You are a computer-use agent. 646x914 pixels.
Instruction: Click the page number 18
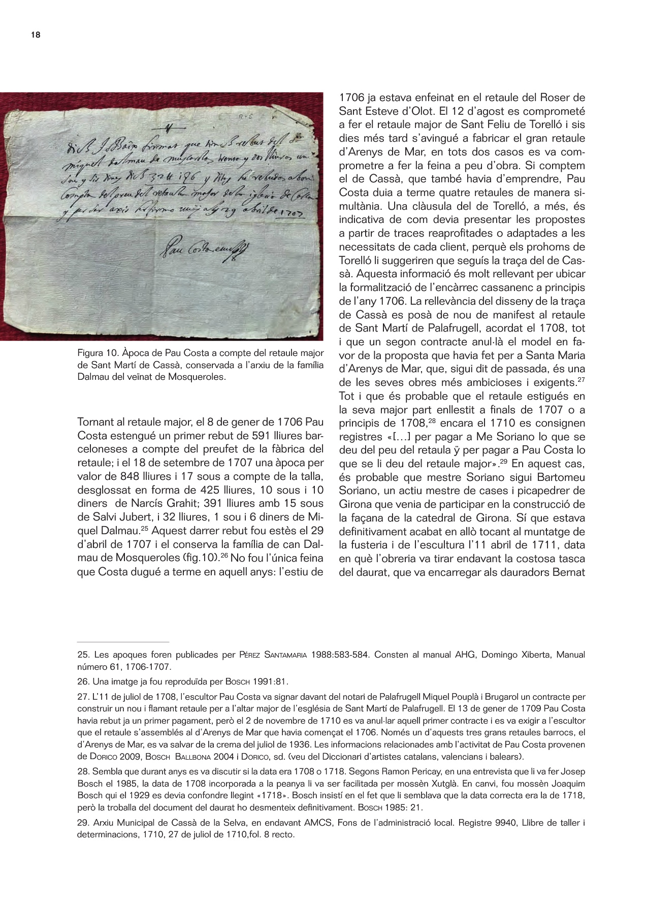36,35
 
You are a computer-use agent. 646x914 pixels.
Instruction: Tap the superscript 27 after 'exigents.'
581,380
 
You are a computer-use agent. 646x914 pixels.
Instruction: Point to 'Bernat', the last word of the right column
568,572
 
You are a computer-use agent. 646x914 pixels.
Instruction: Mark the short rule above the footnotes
123,642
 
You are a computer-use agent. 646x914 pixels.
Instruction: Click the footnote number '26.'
83,681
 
